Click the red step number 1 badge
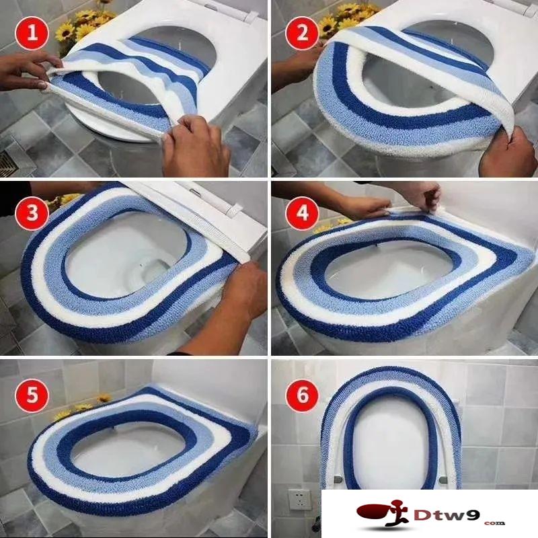click(32, 34)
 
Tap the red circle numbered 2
click(302, 34)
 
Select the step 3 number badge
click(32, 213)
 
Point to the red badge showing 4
click(302, 213)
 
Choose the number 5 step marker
click(32, 395)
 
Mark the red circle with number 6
click(303, 395)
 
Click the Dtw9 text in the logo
click(446, 514)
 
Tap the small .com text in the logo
click(494, 523)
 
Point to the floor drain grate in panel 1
click(6, 162)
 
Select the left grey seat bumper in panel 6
click(338, 479)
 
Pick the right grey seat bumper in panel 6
click(444, 479)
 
